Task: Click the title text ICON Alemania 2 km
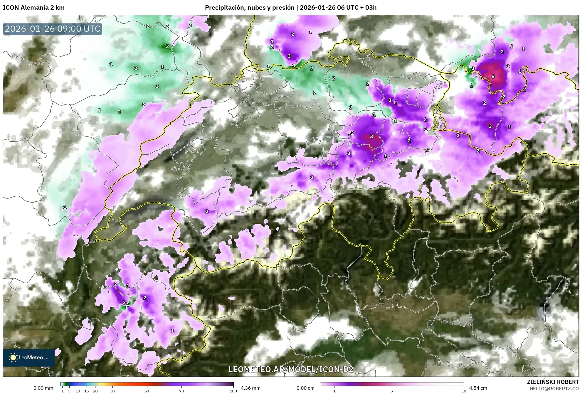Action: [x=34, y=8]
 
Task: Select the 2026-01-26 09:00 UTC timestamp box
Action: [x=53, y=29]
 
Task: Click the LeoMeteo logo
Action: [x=29, y=357]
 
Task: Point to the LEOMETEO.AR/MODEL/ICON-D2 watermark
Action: [x=291, y=369]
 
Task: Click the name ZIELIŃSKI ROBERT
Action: [x=553, y=382]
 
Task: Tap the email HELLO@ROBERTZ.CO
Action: [x=554, y=389]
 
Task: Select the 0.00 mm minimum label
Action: [x=43, y=388]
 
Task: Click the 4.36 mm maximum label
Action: [x=250, y=388]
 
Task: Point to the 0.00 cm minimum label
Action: [x=305, y=388]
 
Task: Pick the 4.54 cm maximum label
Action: [x=478, y=388]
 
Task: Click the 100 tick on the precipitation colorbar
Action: [x=233, y=391]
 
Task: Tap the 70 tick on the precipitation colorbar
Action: [x=181, y=391]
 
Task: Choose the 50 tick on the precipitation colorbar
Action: [x=147, y=391]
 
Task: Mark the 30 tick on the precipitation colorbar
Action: [x=112, y=391]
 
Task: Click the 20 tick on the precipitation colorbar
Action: [x=95, y=391]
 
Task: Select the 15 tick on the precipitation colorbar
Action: [x=86, y=391]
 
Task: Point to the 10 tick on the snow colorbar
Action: [x=464, y=391]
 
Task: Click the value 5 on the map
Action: [x=493, y=77]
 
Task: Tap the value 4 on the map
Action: [x=127, y=305]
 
